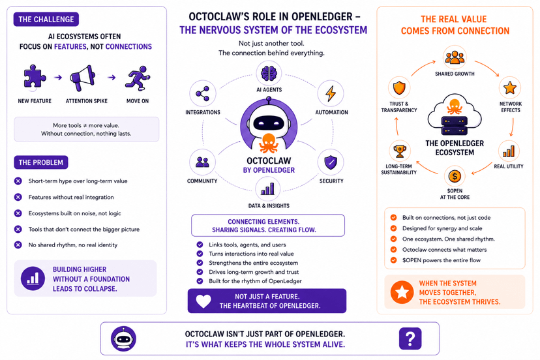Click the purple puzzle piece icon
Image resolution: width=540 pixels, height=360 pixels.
coord(35,76)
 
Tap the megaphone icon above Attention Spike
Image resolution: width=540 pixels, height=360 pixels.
coord(83,78)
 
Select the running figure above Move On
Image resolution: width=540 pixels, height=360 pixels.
coord(138,78)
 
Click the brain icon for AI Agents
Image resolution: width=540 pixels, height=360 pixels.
coord(269,74)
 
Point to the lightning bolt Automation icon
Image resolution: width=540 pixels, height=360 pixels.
coord(331,93)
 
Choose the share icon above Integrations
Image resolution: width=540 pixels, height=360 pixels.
coord(202,93)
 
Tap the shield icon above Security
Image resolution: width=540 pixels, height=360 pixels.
coord(331,162)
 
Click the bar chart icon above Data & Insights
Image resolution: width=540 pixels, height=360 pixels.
coord(268,188)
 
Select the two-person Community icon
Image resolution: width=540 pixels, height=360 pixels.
coord(202,162)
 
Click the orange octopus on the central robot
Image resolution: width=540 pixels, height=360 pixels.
coord(269,143)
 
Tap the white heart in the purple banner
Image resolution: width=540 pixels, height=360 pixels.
coord(203,301)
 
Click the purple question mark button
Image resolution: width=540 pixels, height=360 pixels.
coord(410,338)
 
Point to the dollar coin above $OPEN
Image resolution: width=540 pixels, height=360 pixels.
coord(455,176)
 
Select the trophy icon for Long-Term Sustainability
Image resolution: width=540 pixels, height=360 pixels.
coord(400,151)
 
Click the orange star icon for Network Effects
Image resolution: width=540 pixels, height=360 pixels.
coord(510,88)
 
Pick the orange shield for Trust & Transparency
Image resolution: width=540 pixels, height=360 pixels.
coord(399,88)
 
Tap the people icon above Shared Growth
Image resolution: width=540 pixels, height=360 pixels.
coord(455,57)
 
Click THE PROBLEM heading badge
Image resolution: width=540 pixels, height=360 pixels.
coord(41,162)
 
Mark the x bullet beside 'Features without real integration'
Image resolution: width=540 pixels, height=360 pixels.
coord(18,197)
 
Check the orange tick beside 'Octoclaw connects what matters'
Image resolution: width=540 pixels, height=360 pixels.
coord(393,249)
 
